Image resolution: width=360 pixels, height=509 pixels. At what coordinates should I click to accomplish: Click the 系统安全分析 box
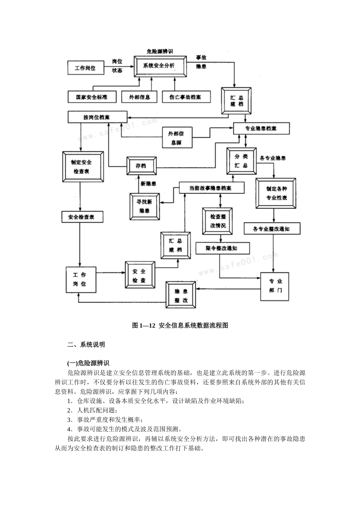coord(160,66)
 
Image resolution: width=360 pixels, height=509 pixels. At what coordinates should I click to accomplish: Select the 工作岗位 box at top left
coord(85,68)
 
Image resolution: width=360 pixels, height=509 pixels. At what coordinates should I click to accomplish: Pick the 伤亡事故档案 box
coord(185,97)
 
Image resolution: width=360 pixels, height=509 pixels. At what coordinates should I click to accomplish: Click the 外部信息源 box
coord(176,138)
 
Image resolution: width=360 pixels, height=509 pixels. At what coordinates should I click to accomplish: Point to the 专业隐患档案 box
coord(261,128)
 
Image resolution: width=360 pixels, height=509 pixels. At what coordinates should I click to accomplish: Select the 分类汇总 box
coord(241,161)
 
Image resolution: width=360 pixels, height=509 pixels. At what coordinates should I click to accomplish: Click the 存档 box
coord(141,166)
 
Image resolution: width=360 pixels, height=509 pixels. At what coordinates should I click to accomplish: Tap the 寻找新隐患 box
coord(144,206)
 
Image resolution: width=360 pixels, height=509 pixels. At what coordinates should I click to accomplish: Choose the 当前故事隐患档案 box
coord(211,188)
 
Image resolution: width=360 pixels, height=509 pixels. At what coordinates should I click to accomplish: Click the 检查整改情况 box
coord(218,221)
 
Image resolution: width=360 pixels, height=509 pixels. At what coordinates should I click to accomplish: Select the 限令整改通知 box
coord(222,248)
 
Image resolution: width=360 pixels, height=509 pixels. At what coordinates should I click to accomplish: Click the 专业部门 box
coord(275,286)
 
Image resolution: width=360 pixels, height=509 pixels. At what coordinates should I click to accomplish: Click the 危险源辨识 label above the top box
coord(160,52)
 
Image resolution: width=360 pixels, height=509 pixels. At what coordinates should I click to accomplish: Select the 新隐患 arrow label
coord(149,184)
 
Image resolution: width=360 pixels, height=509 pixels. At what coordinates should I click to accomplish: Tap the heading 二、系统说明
coord(86,345)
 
